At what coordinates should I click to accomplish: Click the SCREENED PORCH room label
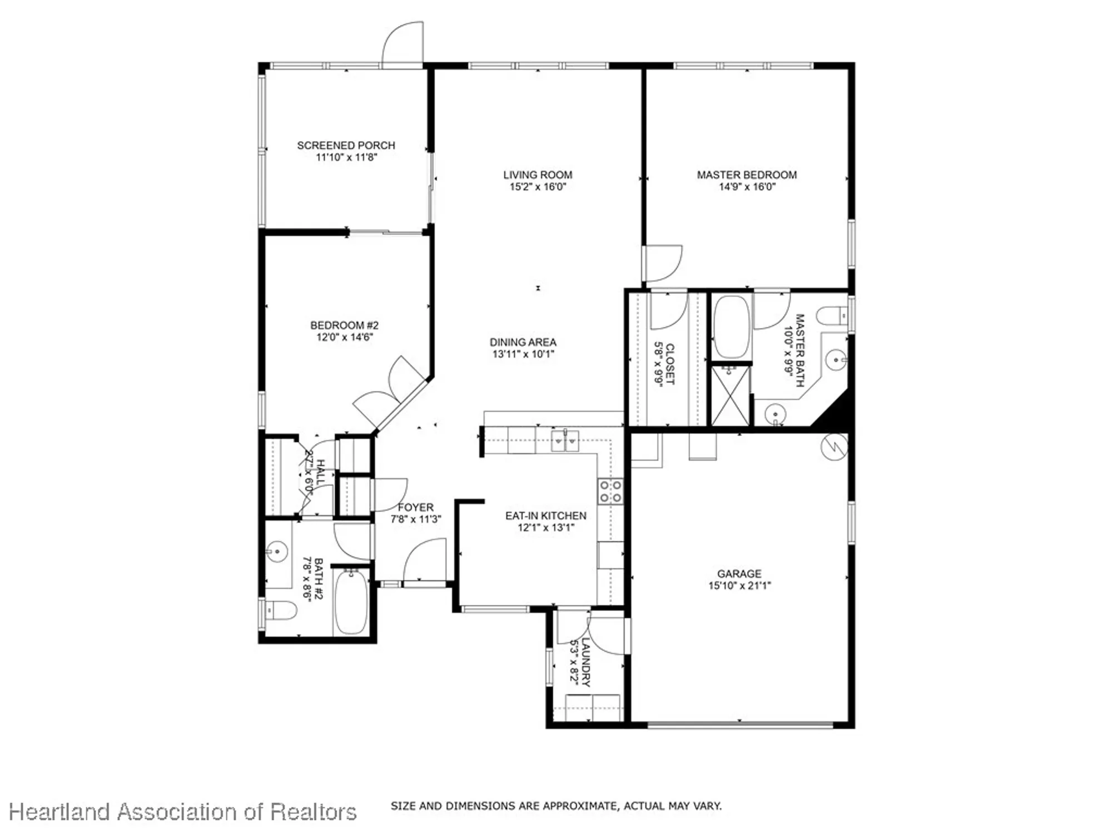(x=346, y=145)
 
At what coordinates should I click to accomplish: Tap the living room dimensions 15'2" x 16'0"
(x=538, y=187)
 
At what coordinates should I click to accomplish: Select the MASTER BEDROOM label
(x=747, y=175)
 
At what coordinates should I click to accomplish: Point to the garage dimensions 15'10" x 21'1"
(x=739, y=585)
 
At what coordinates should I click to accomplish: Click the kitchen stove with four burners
(x=610, y=491)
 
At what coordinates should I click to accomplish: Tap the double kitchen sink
(x=565, y=441)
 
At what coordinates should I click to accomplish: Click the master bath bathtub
(x=732, y=327)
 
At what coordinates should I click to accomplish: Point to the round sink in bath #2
(x=276, y=552)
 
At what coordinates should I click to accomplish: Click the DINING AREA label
(x=523, y=342)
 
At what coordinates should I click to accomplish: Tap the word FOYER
(x=415, y=507)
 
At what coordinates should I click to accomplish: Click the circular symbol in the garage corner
(x=835, y=446)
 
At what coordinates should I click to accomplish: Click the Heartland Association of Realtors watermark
(x=182, y=812)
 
